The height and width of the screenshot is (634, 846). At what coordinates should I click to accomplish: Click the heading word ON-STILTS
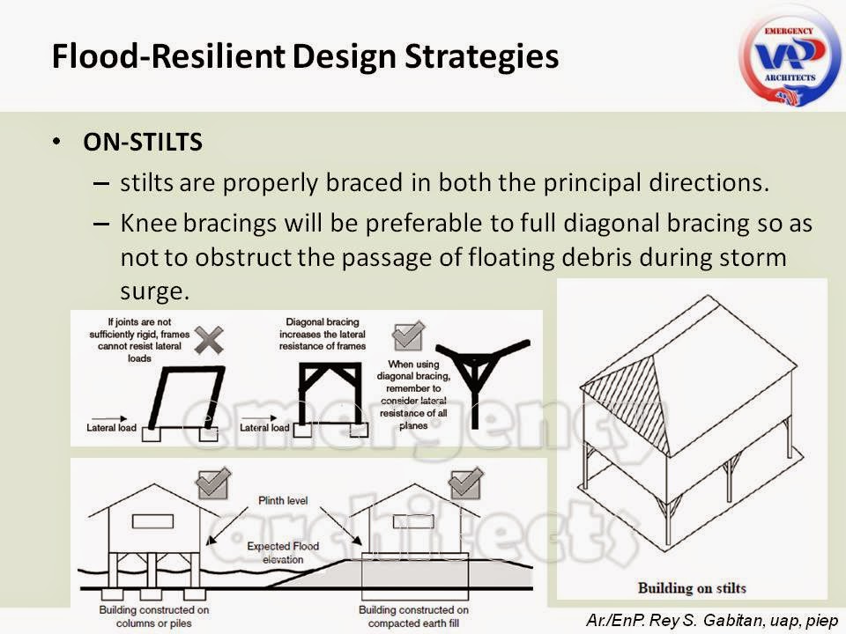143,142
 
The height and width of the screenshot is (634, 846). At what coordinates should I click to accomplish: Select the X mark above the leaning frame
208,339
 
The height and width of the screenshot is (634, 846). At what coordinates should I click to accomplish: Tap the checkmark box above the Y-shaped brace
408,335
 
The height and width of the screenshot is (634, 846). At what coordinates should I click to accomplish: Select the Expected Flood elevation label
281,553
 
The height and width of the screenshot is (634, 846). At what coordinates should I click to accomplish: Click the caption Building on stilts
692,587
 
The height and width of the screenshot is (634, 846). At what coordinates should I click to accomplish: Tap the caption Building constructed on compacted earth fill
413,616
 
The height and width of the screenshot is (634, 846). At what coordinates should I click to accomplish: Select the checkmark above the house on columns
213,483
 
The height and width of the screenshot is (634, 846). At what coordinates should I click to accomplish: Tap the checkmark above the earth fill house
464,483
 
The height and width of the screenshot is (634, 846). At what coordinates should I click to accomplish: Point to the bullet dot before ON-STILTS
57,142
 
